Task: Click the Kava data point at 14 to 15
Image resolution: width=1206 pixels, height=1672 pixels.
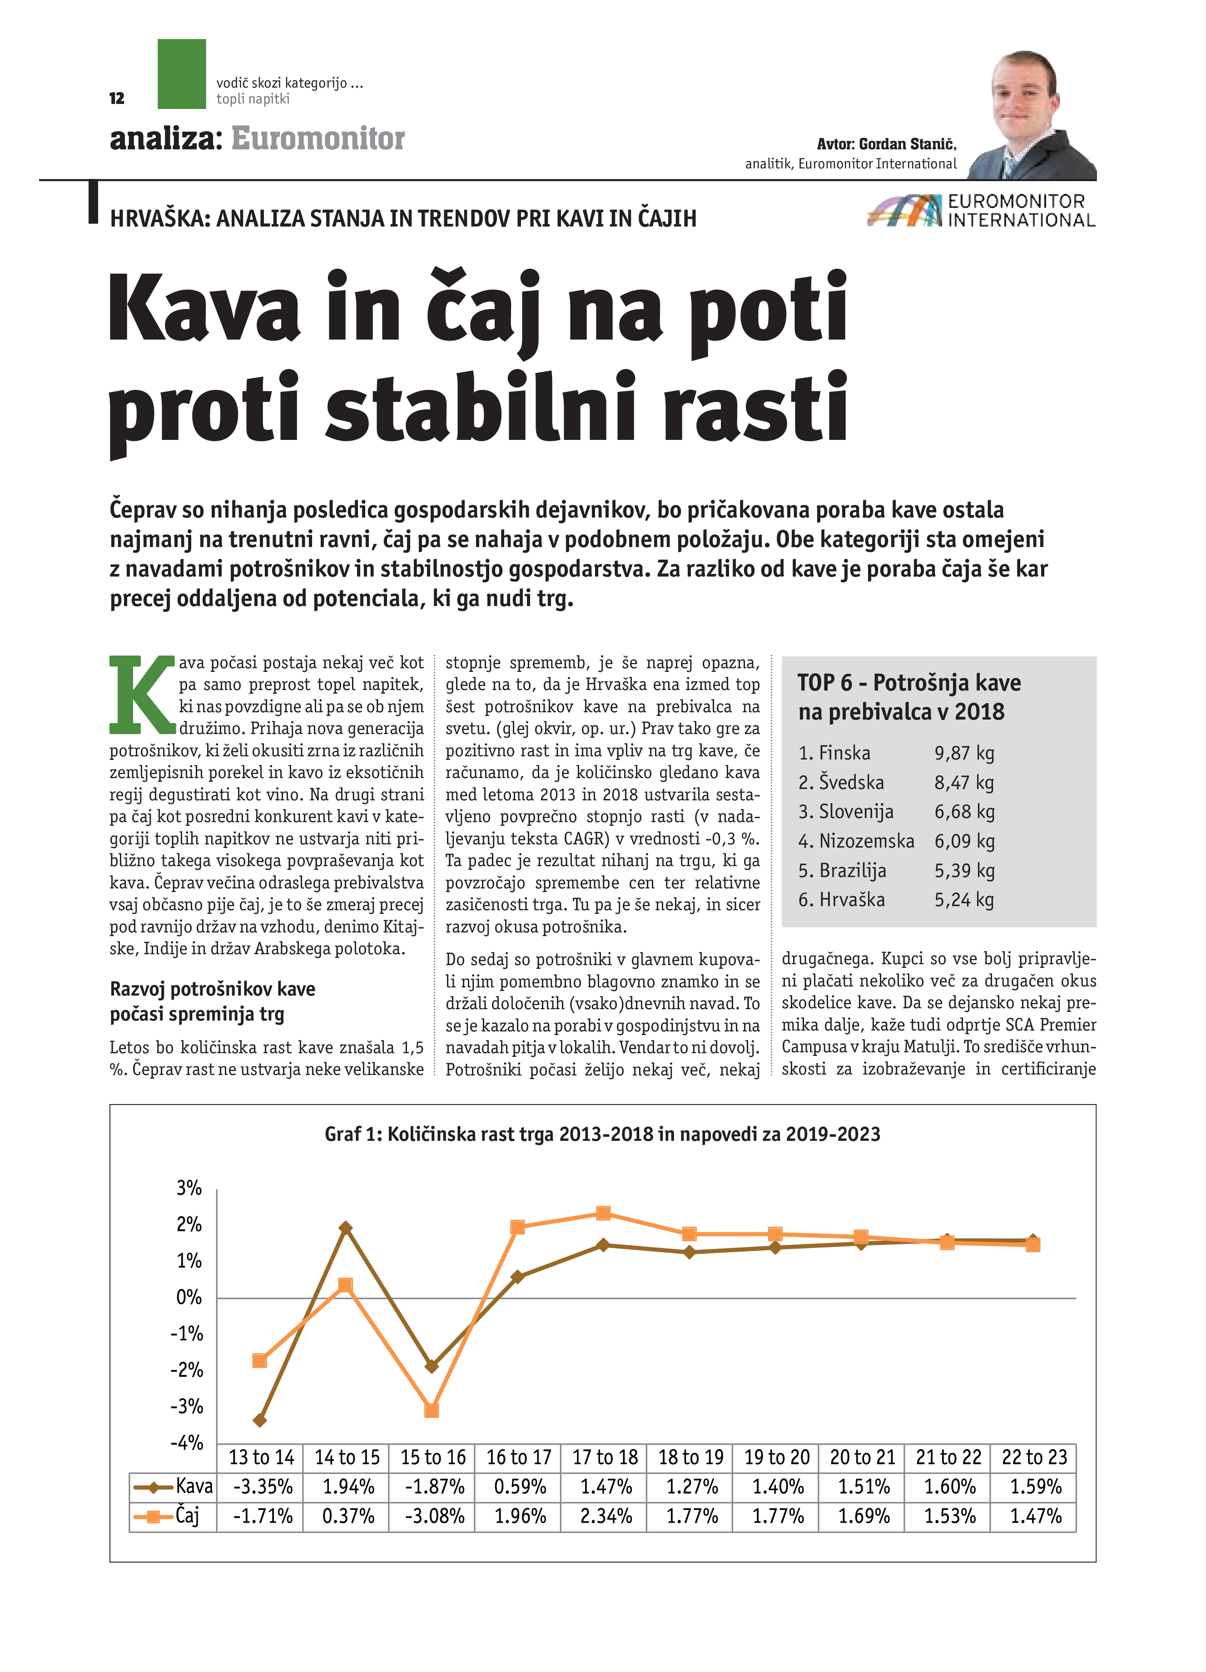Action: [x=345, y=1228]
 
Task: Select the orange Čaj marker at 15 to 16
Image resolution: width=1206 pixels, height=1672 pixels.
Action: [x=432, y=1411]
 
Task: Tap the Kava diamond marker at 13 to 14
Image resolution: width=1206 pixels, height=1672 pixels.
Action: [x=260, y=1420]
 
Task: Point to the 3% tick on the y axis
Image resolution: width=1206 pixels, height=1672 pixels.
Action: [x=189, y=1189]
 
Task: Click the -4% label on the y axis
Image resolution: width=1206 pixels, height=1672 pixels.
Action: [x=187, y=1443]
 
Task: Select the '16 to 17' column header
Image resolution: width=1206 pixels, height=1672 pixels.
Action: [x=519, y=1457]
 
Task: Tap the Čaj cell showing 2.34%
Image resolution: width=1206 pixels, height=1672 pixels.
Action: [x=605, y=1516]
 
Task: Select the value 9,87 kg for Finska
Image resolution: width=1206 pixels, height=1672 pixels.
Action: [x=964, y=754]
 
